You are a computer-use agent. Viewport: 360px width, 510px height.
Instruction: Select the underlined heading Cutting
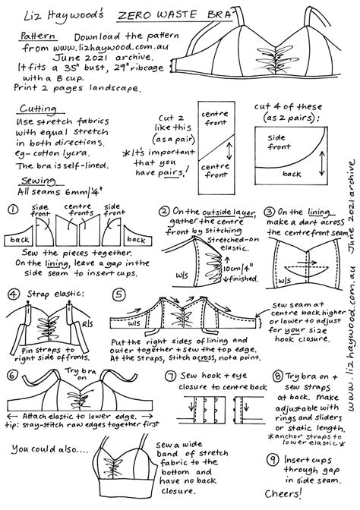pos(34,109)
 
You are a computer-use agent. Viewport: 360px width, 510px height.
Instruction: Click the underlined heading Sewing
pos(33,181)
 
